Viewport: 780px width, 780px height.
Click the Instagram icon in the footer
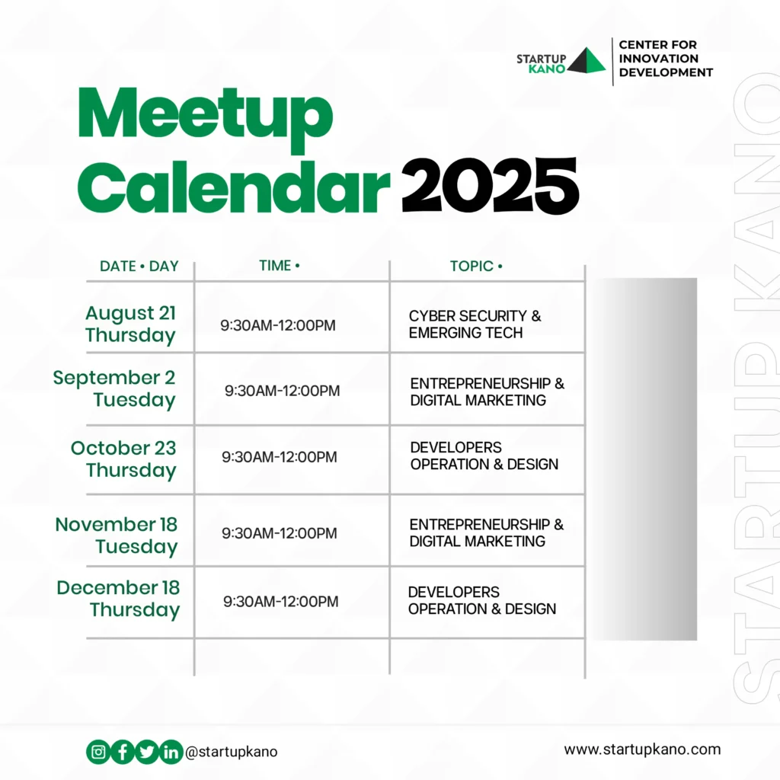(98, 752)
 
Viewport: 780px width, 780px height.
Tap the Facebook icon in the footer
(123, 752)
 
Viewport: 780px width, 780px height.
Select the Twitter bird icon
(147, 752)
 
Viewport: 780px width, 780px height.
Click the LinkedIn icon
(171, 752)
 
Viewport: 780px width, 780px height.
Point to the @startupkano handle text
(232, 752)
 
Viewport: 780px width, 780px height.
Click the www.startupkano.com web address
(642, 750)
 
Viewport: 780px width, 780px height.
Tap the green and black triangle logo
(587, 60)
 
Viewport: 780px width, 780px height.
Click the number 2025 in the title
(490, 186)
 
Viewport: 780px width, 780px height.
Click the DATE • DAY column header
(139, 266)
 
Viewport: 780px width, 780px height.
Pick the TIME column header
(279, 266)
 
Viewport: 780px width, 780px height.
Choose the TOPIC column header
(476, 266)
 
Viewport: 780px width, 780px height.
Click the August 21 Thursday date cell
(130, 324)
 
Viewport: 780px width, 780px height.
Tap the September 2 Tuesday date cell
(114, 388)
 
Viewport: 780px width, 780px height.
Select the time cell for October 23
(279, 457)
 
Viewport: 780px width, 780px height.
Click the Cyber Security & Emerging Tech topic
(475, 324)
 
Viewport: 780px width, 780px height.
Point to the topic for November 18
(487, 532)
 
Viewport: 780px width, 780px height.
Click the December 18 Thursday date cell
(118, 599)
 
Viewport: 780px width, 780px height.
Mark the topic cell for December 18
(482, 600)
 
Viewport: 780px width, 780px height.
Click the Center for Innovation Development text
(666, 59)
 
